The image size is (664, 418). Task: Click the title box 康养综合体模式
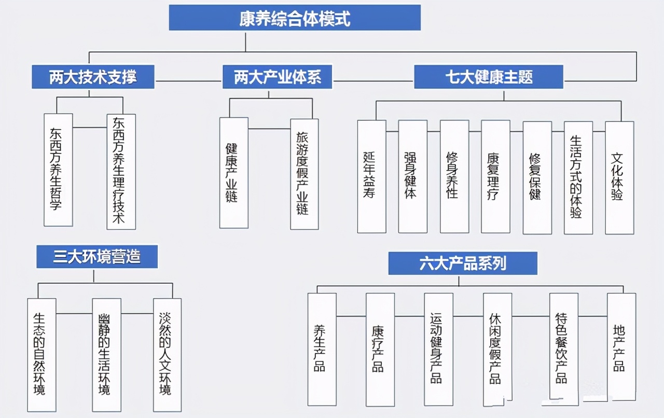[x=294, y=19]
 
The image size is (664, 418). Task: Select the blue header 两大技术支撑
[x=93, y=77]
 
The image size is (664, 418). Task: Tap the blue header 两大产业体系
[x=278, y=77]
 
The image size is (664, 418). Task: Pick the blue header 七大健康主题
[x=489, y=77]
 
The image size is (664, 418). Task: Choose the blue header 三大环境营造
[x=97, y=257]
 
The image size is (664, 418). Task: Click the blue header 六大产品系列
[x=463, y=263]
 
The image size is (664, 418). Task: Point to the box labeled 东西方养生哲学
[x=58, y=170]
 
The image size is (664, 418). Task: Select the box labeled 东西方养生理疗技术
[x=121, y=171]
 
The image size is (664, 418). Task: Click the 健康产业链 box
[x=233, y=173]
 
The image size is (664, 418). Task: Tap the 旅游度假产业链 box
[x=304, y=174]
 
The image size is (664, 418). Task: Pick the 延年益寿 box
[x=371, y=176]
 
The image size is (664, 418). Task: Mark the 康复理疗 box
[x=495, y=176]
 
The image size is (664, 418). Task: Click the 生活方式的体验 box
[x=578, y=177]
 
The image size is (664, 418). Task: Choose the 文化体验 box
[x=619, y=177]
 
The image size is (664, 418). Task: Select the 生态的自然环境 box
[x=41, y=355]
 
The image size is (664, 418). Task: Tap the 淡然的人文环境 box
[x=167, y=355]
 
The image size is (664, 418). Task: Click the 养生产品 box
[x=322, y=349]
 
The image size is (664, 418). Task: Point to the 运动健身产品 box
[x=438, y=349]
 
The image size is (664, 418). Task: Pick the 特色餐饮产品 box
[x=564, y=349]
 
